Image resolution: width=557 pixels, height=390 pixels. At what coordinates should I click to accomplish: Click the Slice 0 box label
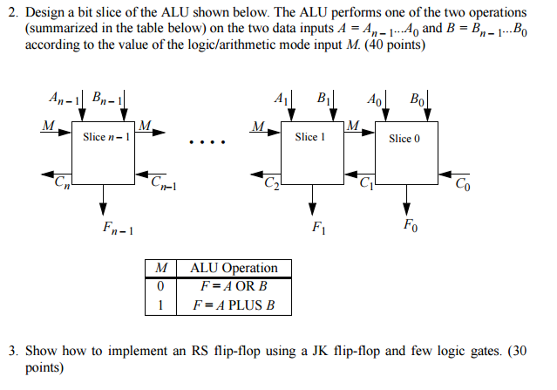[404, 138]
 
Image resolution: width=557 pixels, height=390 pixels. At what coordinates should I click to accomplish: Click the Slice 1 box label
[310, 137]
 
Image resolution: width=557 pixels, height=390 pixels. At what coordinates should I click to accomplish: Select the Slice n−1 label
[106, 137]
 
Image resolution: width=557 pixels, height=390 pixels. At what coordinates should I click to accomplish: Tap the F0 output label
[410, 225]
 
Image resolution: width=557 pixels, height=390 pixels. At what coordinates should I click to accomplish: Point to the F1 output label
[319, 227]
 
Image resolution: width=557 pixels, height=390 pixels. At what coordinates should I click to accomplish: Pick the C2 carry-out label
[271, 183]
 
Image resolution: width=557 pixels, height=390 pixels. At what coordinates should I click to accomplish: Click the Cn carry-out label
[62, 182]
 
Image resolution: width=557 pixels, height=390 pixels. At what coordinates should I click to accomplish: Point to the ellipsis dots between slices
[207, 142]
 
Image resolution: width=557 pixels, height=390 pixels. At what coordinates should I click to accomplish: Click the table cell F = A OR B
[234, 286]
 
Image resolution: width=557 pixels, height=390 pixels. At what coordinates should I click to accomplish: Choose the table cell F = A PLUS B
[234, 305]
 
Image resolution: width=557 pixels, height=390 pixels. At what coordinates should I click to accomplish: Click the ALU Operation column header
[234, 268]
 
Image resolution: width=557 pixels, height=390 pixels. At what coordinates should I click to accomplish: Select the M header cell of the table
[161, 268]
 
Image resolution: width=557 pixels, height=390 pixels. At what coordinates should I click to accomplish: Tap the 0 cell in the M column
[160, 286]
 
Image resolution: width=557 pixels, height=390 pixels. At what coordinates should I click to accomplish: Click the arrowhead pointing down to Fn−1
[103, 209]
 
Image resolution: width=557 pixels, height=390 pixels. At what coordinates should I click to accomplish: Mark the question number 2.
[13, 13]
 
